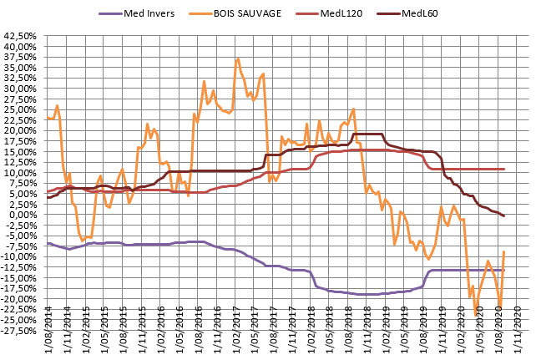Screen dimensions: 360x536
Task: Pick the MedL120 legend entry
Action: pos(343,13)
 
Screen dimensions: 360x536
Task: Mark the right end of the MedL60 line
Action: pos(504,216)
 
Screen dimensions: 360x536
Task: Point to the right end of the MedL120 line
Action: pos(504,169)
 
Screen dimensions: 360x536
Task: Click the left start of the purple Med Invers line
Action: pos(48,243)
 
